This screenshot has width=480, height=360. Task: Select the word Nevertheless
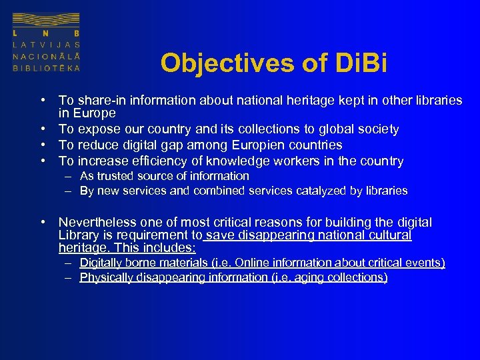coord(97,222)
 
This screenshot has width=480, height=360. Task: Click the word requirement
coord(152,235)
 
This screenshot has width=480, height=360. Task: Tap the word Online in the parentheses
coord(249,263)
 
